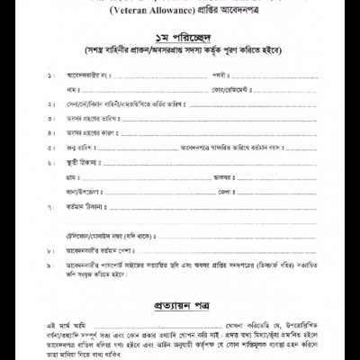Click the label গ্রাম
point(74,177)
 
